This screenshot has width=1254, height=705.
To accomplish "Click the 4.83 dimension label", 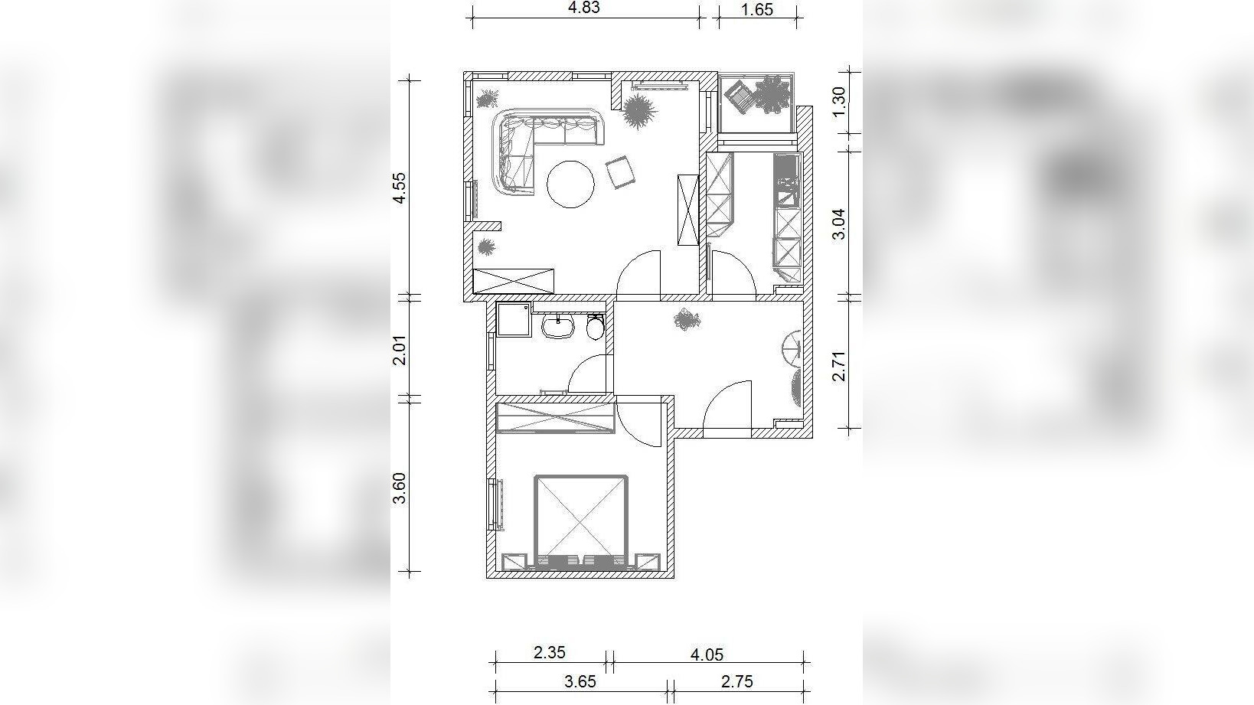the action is [x=583, y=8].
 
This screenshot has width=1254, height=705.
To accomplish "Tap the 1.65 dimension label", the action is [x=756, y=9].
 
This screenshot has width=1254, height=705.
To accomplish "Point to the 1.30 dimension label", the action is [x=839, y=103].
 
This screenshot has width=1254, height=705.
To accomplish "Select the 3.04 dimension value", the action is [x=838, y=224].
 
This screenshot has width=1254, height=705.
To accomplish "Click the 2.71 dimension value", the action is [x=838, y=366].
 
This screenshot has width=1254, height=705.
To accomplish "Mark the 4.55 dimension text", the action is [x=400, y=189].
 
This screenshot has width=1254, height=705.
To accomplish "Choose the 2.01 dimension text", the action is [x=400, y=350].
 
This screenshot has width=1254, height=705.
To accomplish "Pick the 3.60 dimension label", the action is [x=400, y=488].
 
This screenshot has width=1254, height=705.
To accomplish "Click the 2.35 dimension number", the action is [x=549, y=653].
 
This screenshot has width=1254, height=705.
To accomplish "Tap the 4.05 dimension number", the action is [x=707, y=654].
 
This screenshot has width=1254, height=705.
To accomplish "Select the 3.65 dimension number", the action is [x=580, y=681].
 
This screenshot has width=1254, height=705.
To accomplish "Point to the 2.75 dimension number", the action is [x=736, y=681].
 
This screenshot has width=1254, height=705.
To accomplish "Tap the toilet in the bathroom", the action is [x=595, y=326].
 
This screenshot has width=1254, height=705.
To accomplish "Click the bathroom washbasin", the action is [x=558, y=326].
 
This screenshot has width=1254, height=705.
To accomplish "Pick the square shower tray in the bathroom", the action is [x=514, y=320].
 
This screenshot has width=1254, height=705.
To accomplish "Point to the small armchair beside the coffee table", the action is [x=619, y=172].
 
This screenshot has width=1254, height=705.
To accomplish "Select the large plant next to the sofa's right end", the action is [x=638, y=110].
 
